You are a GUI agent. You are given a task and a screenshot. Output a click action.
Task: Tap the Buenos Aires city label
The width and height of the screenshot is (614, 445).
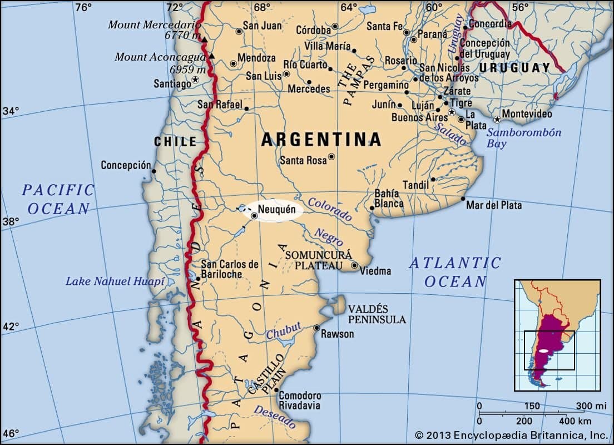tap(419, 117)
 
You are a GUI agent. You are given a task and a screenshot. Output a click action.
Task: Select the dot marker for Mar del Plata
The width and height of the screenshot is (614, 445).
tap(463, 198)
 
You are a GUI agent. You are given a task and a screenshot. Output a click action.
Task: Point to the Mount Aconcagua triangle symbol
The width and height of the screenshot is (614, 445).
tap(211, 57)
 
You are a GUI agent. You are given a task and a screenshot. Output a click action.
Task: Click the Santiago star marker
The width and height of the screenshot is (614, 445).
tap(195, 80)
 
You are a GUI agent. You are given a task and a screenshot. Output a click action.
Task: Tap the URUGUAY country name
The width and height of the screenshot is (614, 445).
tap(514, 68)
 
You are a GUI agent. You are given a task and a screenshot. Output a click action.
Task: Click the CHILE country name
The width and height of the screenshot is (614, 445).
tap(175, 141)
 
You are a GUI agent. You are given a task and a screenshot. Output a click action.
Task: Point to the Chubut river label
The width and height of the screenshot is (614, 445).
tap(283, 330)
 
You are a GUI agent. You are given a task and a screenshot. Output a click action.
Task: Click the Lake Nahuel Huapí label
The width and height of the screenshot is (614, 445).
tap(115, 281)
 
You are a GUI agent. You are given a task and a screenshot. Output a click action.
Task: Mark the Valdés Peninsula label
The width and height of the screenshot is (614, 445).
tap(377, 314)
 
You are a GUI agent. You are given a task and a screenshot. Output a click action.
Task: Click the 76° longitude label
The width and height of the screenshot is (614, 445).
tap(83, 7)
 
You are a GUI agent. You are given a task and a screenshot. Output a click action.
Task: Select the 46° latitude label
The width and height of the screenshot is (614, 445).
tap(11, 432)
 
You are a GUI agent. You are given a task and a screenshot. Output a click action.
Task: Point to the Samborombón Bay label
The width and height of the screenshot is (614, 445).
tap(524, 138)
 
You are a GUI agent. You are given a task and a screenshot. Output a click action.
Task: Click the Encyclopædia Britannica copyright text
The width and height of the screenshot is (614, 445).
tap(511, 435)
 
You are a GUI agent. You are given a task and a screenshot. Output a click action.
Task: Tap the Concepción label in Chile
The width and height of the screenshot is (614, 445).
tap(126, 165)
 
